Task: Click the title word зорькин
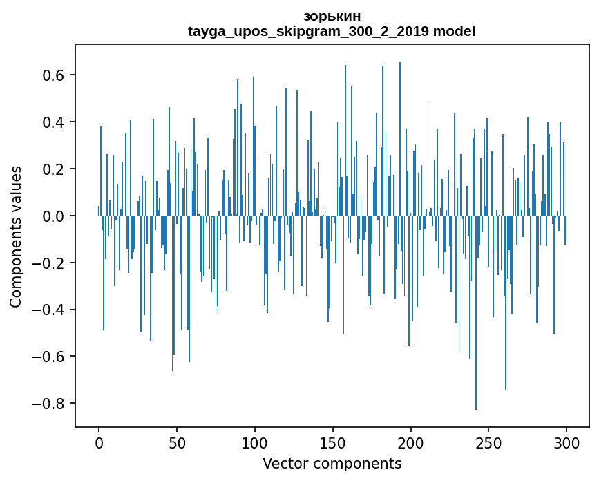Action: pyautogui.click(x=332, y=17)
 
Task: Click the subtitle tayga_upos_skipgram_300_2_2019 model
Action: pyautogui.click(x=332, y=31)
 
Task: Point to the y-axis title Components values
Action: pyautogui.click(x=16, y=236)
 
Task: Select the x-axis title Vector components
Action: pyautogui.click(x=332, y=463)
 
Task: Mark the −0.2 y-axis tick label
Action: pyautogui.click(x=50, y=263)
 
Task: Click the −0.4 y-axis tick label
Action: pyautogui.click(x=50, y=310)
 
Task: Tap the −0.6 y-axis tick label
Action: pyautogui.click(x=50, y=357)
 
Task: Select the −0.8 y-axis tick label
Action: pyautogui.click(x=50, y=404)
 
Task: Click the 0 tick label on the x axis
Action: pyautogui.click(x=99, y=442)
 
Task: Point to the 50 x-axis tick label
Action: pyautogui.click(x=177, y=442)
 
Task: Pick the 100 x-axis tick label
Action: pyautogui.click(x=255, y=442)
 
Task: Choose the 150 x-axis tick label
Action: pyautogui.click(x=333, y=442)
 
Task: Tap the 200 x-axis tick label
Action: pyautogui.click(x=411, y=442)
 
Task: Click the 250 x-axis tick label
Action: pyautogui.click(x=489, y=442)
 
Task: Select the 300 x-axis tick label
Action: pyautogui.click(x=567, y=442)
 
